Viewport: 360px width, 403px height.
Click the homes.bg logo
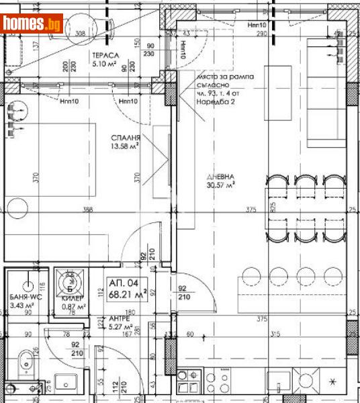coord(32,24)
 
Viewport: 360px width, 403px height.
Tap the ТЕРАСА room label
coord(107,56)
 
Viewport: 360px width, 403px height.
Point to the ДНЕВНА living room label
coord(220,177)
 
